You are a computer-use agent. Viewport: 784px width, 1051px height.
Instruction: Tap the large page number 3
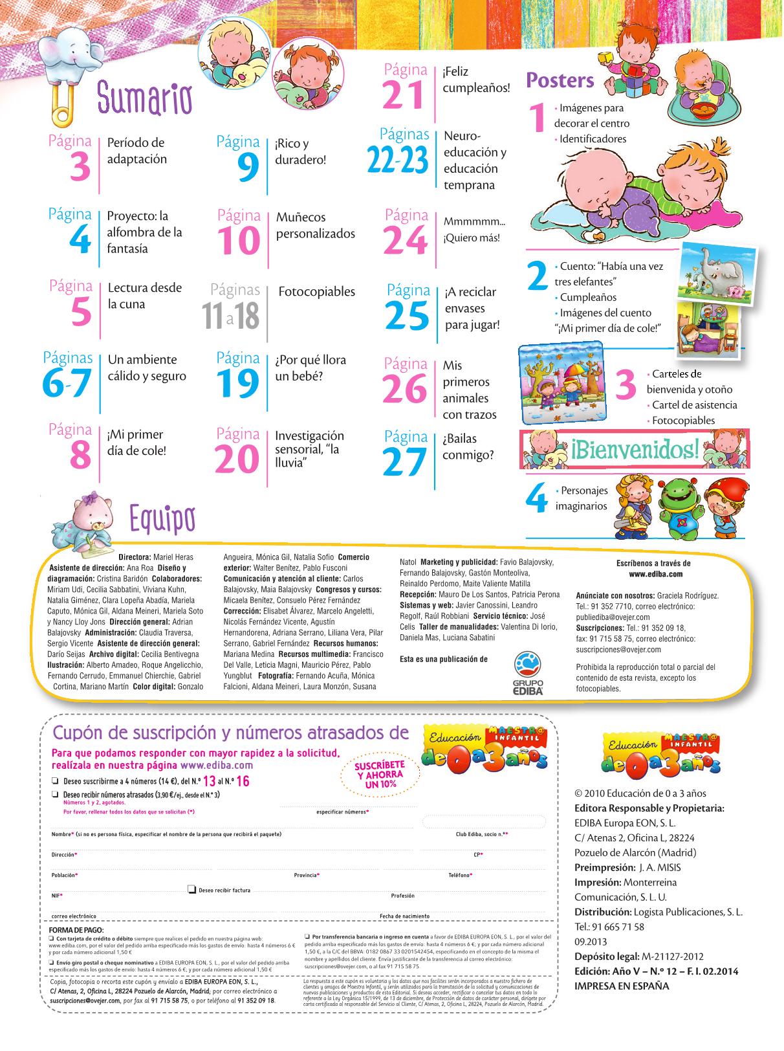80,168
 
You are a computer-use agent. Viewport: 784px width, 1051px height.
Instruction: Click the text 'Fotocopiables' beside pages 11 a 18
316,292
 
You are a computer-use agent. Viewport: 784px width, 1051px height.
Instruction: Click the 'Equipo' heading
161,518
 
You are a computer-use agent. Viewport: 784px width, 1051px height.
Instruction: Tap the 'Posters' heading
560,80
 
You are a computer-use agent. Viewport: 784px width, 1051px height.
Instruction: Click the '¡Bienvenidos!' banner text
635,448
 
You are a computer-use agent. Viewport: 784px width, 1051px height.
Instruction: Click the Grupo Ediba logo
528,673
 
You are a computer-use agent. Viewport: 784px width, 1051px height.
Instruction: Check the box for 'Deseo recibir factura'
192,890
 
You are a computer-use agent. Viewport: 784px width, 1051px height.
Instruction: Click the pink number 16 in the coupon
243,781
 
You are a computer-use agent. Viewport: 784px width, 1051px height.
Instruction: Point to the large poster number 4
536,500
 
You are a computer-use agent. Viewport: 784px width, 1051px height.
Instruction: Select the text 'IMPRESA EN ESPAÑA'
622,986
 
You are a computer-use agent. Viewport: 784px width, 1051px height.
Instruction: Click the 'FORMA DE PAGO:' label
71,929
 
